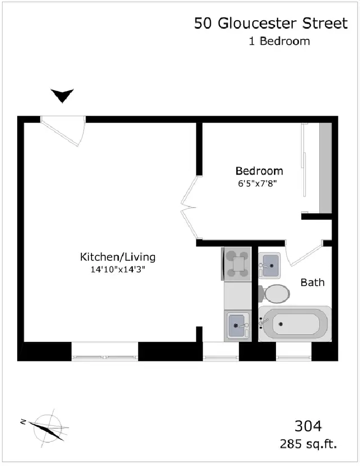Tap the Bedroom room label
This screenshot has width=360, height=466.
coord(259,171)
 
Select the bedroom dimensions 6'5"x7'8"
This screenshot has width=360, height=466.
coord(257,183)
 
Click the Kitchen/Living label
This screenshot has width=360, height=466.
coord(118,257)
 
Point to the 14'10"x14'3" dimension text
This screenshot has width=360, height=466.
coord(118,269)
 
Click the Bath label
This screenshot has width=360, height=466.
coord(312,283)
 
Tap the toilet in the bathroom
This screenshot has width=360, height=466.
coord(274,294)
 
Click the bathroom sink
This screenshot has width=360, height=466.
coord(269,266)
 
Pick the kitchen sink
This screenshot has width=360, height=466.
coord(237,326)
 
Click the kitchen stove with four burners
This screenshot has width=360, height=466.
coord(237,264)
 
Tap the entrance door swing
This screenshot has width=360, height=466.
coord(63,131)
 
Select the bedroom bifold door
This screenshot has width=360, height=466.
coord(189,208)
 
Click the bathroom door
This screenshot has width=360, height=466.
coord(305,253)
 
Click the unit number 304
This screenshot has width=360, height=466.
coord(308,426)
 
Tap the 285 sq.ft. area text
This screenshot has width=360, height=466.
coord(308,444)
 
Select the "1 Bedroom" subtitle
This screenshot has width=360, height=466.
coord(279,41)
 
